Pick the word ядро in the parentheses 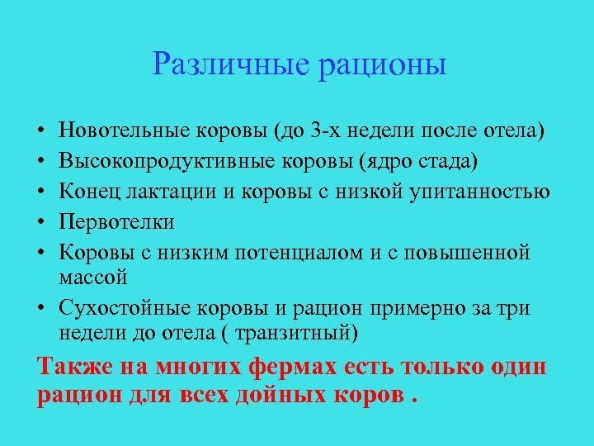click(373, 161)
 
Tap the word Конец click(87, 192)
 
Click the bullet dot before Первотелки click(40, 223)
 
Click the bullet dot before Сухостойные click(40, 309)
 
